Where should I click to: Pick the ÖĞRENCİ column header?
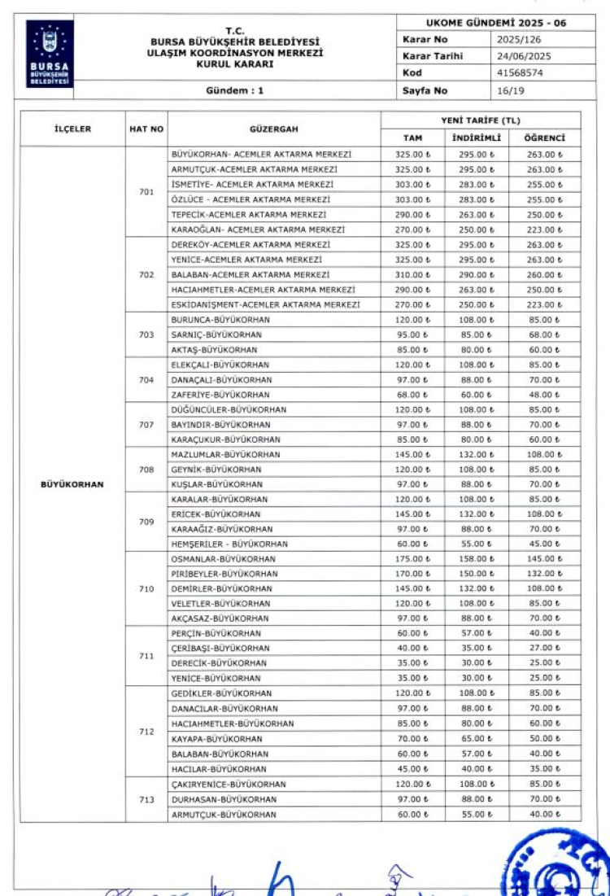coord(544,138)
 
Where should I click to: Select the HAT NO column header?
coord(146,129)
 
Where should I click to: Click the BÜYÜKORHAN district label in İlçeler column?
coord(72,484)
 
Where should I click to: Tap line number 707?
coord(146,424)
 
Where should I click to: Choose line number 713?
coord(146,799)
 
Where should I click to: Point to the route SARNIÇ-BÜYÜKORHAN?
coord(216,334)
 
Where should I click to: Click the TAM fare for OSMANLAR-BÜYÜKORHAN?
coord(412,559)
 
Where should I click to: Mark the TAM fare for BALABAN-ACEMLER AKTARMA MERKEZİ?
coord(412,275)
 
